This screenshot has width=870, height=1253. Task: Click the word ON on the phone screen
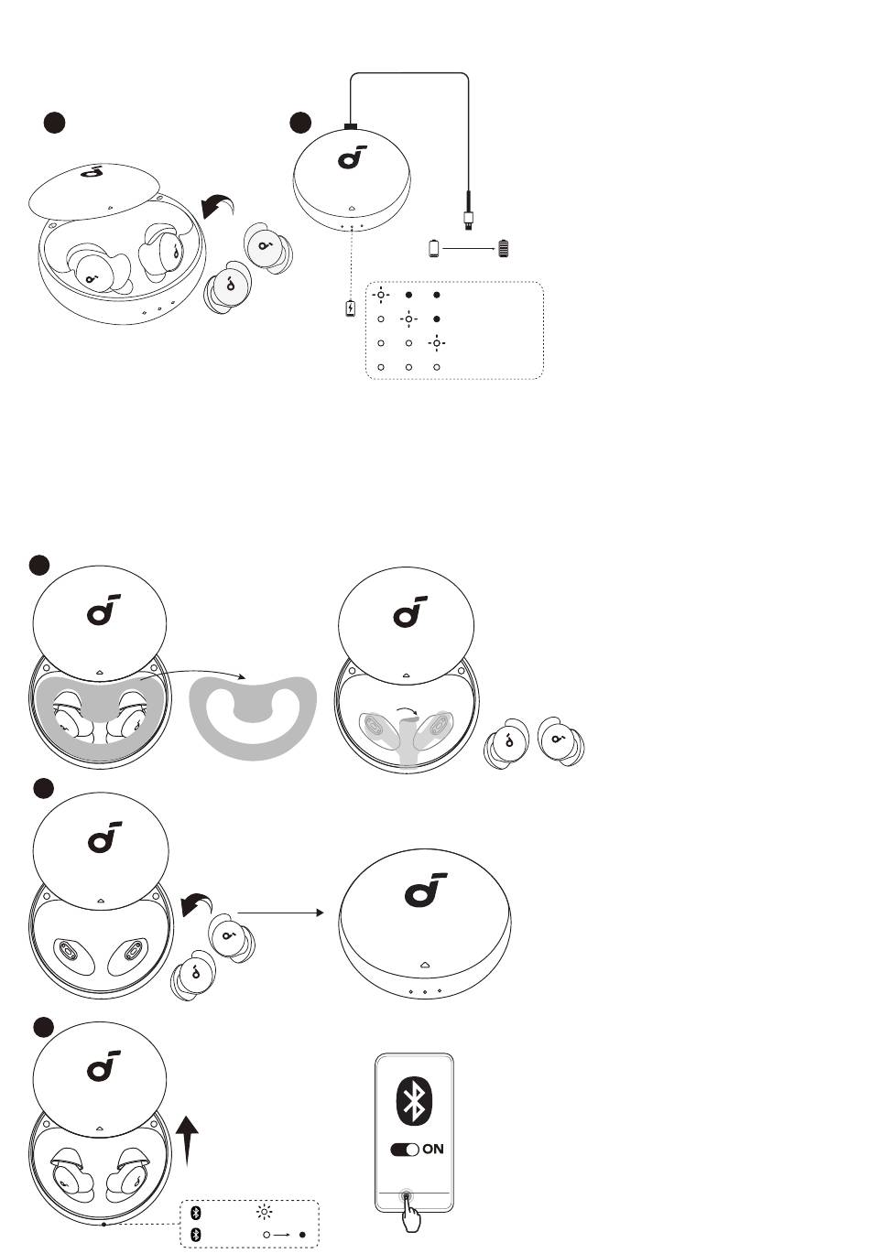[x=433, y=1149]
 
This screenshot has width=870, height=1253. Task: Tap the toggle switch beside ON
[x=405, y=1150]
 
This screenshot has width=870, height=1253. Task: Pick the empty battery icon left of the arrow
[x=434, y=248]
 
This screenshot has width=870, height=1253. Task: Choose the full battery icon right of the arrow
[x=504, y=248]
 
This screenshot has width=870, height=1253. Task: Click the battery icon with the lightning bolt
[x=351, y=308]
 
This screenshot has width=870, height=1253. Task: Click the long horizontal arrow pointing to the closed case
[x=280, y=913]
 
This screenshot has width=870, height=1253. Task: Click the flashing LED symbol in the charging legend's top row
[x=381, y=295]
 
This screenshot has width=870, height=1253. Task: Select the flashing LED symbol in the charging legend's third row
[x=437, y=343]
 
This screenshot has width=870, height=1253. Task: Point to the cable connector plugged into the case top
[x=351, y=126]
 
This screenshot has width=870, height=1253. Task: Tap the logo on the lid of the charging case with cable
[x=353, y=157]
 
